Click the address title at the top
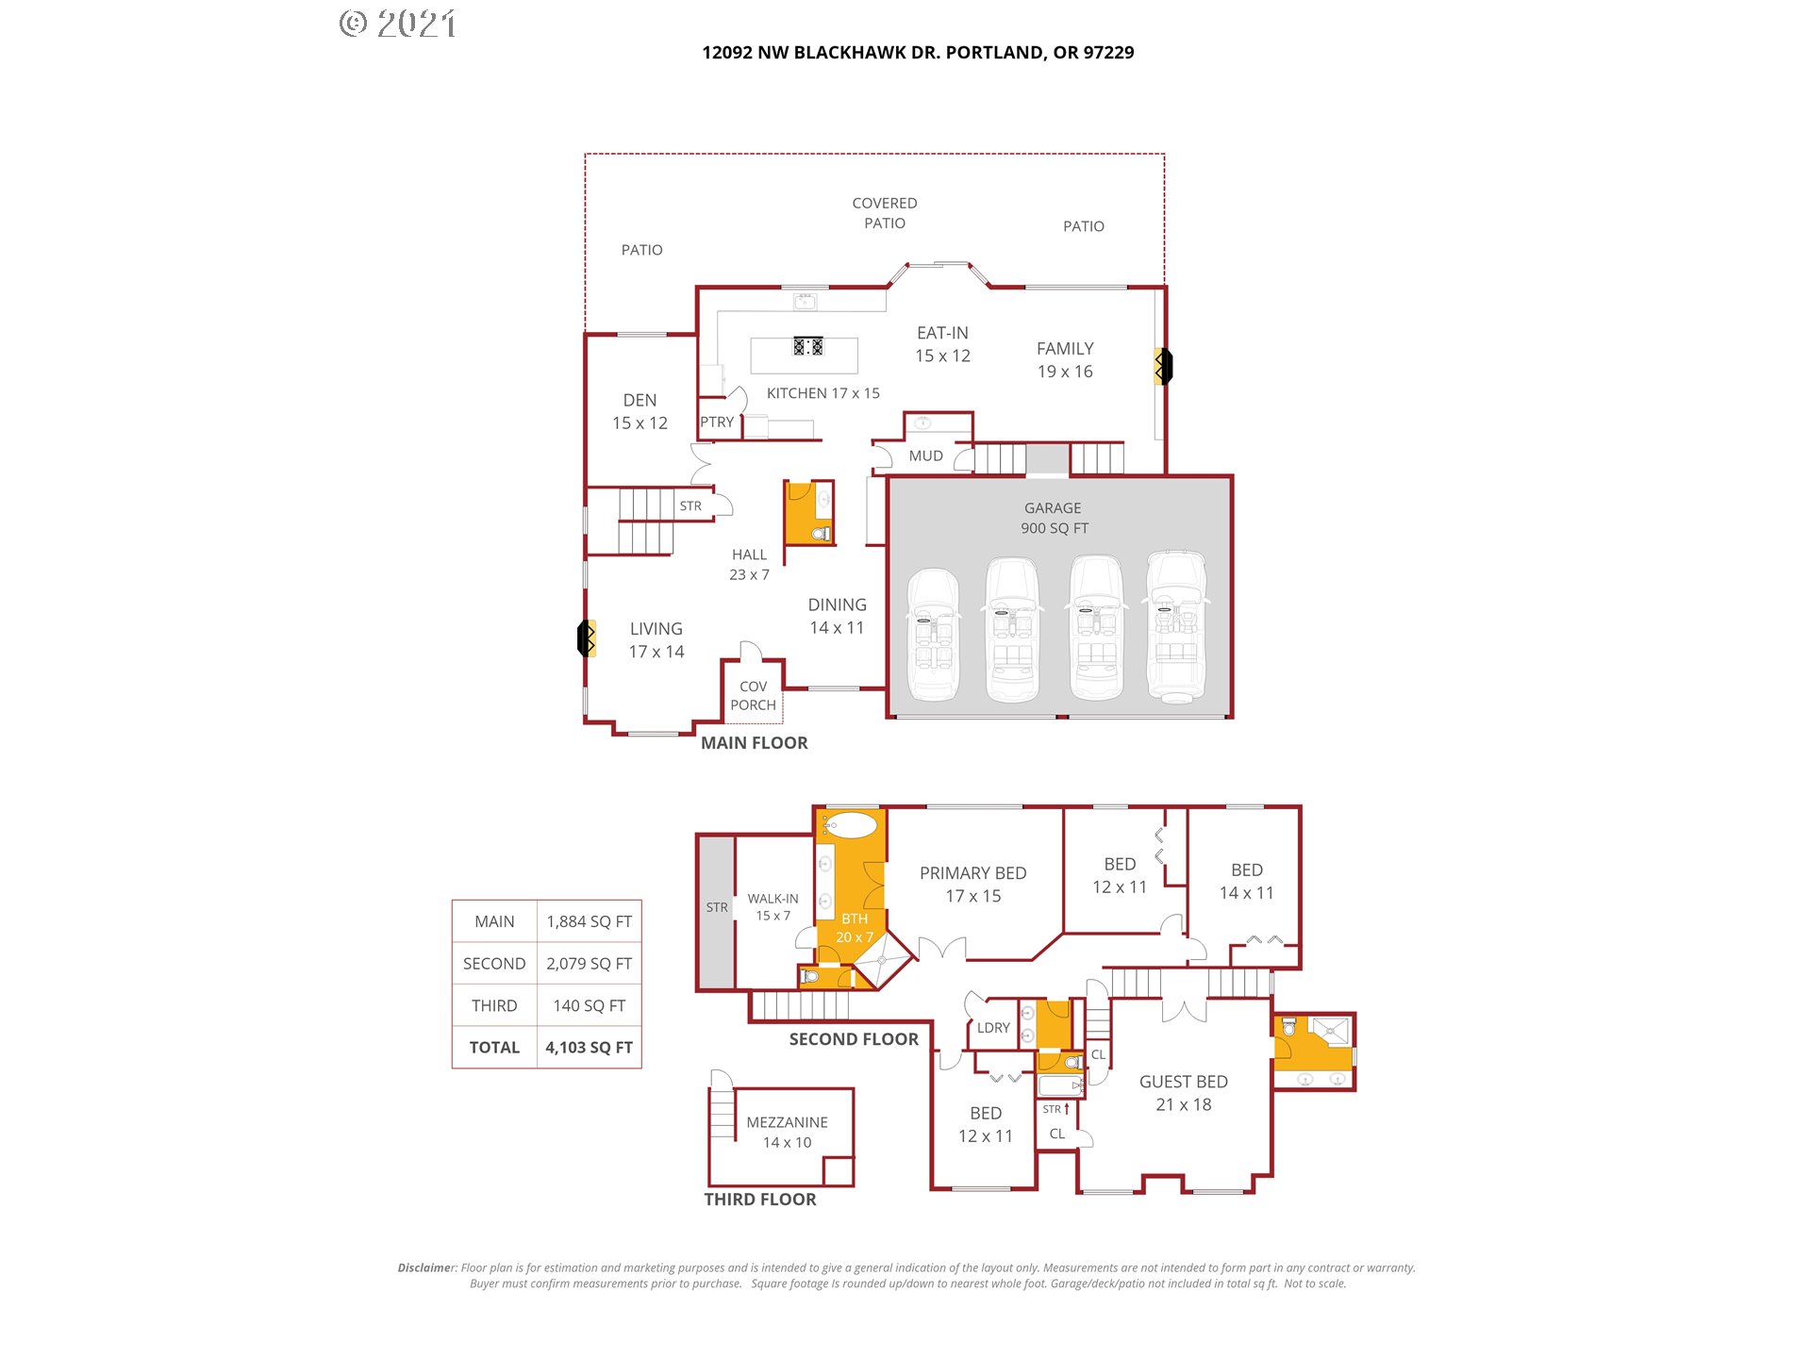coord(918,53)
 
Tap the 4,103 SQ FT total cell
coord(590,1048)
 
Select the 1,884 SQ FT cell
coord(590,921)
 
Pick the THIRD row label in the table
coord(494,1005)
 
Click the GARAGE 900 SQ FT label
coord(1054,518)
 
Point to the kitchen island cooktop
coord(808,346)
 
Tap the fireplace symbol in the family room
coord(1164,366)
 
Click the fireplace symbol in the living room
coord(587,638)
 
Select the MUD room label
coord(925,456)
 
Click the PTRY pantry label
coord(717,422)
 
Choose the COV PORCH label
coord(753,696)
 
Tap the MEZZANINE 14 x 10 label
coord(787,1133)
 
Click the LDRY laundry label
coord(993,1028)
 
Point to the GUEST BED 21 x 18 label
coord(1184,1093)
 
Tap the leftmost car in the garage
coord(934,635)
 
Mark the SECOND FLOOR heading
coord(854,1039)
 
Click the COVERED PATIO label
coord(885,213)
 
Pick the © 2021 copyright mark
coord(398,24)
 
